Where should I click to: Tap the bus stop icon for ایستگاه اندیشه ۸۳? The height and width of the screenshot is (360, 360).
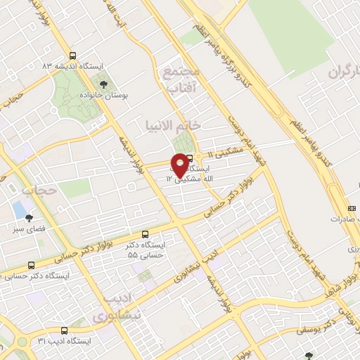point(72,56)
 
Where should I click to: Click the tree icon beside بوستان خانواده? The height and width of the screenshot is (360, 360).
point(103,84)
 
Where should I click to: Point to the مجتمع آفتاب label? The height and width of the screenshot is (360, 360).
point(182,80)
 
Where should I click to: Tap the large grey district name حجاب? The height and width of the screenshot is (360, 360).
point(39,190)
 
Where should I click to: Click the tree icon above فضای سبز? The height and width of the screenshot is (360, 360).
point(29,217)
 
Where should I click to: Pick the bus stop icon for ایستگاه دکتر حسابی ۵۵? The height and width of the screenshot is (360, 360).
point(145,233)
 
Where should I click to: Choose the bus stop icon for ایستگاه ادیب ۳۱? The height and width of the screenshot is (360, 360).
point(64,330)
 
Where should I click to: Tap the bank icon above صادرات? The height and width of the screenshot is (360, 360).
point(352,208)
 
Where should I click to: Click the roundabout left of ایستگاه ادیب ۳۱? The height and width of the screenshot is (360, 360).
point(22,344)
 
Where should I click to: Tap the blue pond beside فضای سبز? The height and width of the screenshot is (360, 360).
point(17,209)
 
